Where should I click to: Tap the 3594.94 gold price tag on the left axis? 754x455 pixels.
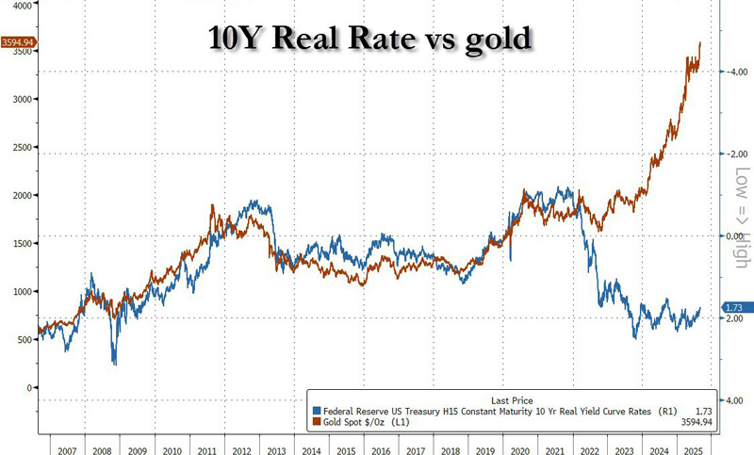(x=19, y=42)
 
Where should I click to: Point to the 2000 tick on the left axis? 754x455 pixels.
(x=19, y=195)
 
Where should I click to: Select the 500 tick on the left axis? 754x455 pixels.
(x=22, y=339)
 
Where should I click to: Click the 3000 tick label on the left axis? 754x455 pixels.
(x=19, y=99)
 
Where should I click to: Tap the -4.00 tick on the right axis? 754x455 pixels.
(x=736, y=72)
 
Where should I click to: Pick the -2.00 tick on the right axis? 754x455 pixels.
(x=736, y=154)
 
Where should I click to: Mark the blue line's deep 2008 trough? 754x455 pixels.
(x=115, y=363)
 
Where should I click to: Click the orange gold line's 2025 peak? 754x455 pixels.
(x=699, y=43)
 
